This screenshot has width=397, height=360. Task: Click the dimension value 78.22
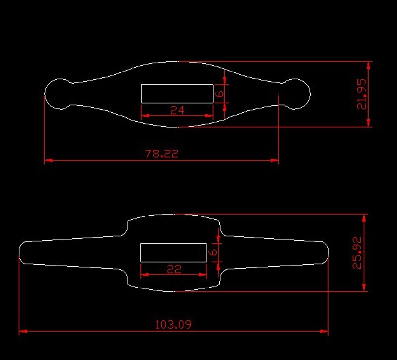pos(161,154)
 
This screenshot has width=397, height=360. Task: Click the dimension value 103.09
pos(173,325)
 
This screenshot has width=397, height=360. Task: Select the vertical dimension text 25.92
pos(357,253)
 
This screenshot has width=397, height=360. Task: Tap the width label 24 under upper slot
pos(177,110)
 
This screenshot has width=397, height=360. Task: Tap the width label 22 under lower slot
pos(174,269)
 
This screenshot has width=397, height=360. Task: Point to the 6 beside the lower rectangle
pos(214,253)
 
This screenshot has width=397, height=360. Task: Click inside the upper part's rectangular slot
pos(177,93)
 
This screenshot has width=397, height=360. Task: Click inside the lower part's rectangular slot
pos(174,253)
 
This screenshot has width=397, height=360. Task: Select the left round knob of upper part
pos(59,93)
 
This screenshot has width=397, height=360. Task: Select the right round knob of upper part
pos(297,93)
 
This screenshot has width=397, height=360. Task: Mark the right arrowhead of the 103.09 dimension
pos(324,331)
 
